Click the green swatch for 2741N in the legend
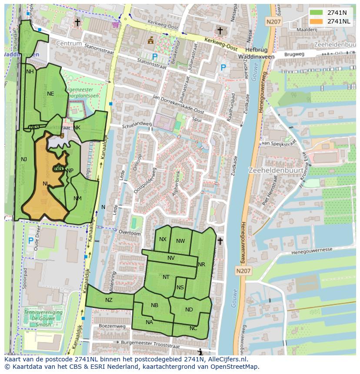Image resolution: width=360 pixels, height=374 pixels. (x=316, y=12)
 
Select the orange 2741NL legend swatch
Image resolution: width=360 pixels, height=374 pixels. (x=316, y=21)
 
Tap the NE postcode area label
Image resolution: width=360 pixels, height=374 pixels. (x=50, y=93)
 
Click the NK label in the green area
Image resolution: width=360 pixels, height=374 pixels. (x=77, y=127)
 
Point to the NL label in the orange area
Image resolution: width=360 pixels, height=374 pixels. (x=46, y=183)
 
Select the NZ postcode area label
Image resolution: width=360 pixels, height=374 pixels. (x=109, y=300)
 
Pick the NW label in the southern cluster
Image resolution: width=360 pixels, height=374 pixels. (x=180, y=241)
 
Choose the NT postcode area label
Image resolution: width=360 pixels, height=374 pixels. (x=166, y=277)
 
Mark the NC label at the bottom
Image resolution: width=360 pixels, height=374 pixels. (x=193, y=328)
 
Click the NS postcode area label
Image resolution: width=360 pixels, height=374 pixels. (x=180, y=287)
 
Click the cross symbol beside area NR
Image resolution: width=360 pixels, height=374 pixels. (x=220, y=241)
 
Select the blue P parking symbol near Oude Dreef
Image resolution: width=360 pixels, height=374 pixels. (x=31, y=240)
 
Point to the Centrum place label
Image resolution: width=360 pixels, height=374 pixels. (x=69, y=44)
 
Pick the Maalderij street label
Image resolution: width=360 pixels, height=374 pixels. (x=306, y=30)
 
